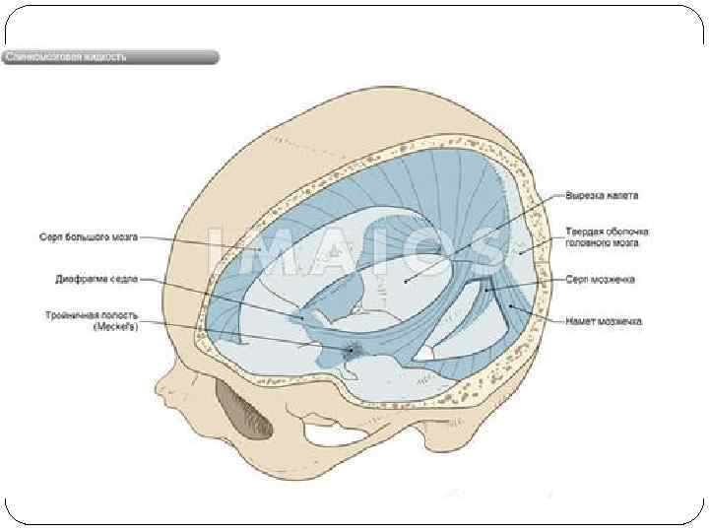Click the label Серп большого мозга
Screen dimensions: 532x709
click(x=89, y=237)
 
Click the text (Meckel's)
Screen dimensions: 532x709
click(x=115, y=326)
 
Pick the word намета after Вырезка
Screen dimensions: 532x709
click(x=624, y=195)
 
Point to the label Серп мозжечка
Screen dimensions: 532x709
click(x=601, y=280)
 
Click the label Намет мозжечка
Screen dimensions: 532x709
click(x=604, y=321)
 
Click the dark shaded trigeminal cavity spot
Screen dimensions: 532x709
click(x=353, y=349)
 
